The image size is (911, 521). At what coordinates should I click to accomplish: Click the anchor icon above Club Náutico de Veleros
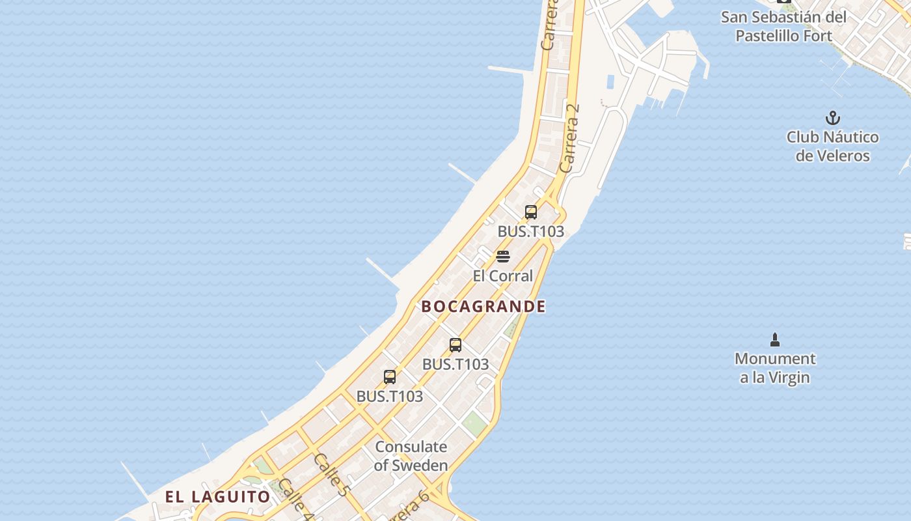(x=832, y=119)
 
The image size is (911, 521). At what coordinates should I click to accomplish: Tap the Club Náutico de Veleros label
(x=832, y=147)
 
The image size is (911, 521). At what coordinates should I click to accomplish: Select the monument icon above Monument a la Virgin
(x=774, y=339)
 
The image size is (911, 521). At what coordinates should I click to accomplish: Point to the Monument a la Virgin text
(x=774, y=368)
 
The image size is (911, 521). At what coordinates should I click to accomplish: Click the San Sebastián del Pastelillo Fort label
(x=783, y=26)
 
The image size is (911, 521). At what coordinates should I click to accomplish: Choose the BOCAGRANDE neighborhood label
(x=483, y=306)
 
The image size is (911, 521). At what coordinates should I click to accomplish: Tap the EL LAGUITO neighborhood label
(x=217, y=497)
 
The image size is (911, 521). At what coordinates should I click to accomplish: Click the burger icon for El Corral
(x=502, y=256)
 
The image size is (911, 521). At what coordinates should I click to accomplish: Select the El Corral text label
(x=502, y=275)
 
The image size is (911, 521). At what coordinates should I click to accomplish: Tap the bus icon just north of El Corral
(x=531, y=212)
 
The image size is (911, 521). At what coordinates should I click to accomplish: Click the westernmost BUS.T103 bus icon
(x=390, y=376)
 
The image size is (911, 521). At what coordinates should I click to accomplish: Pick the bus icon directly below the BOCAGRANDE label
(x=455, y=345)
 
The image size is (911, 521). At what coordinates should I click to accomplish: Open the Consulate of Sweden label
(x=411, y=456)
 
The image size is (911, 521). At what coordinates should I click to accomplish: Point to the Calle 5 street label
(x=330, y=475)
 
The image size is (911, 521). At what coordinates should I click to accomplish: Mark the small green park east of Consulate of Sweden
(x=475, y=423)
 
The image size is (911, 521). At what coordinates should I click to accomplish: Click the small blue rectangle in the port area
(x=610, y=82)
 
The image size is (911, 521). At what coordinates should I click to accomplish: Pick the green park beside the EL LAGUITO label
(x=263, y=466)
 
